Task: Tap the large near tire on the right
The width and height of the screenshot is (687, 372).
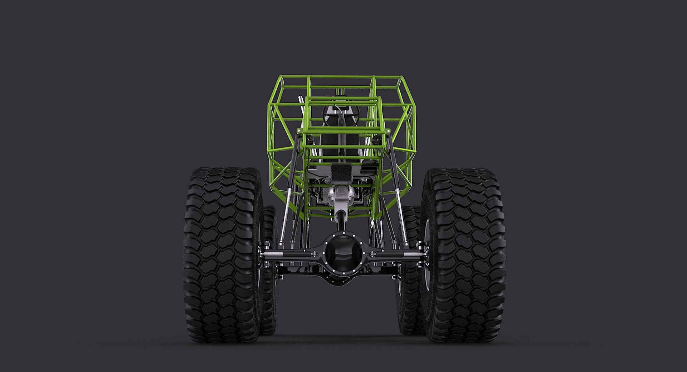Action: (x=464, y=254)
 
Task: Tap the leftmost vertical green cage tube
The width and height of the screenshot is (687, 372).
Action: (x=269, y=136)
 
